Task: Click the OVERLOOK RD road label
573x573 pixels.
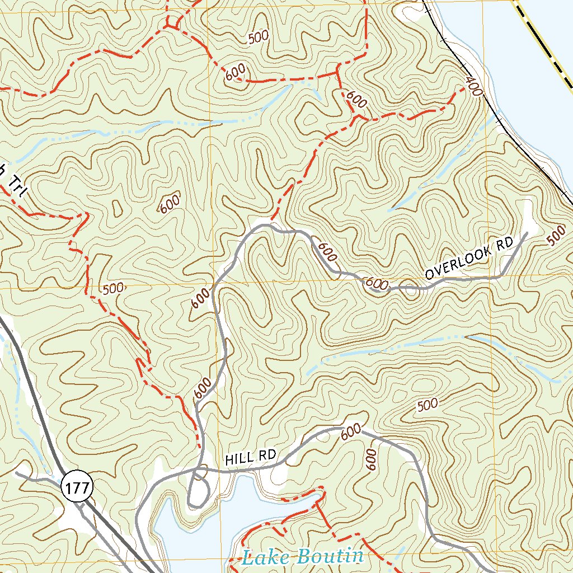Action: click(469, 258)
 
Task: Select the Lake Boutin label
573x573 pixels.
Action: click(303, 557)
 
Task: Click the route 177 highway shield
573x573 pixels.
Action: click(76, 488)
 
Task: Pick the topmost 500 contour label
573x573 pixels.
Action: click(258, 37)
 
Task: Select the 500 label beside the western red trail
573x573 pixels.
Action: click(114, 289)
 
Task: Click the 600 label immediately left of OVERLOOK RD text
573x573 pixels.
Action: click(377, 284)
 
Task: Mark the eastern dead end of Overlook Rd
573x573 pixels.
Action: click(527, 233)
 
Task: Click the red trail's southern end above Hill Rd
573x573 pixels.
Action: click(199, 446)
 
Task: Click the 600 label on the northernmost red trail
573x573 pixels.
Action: click(236, 74)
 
